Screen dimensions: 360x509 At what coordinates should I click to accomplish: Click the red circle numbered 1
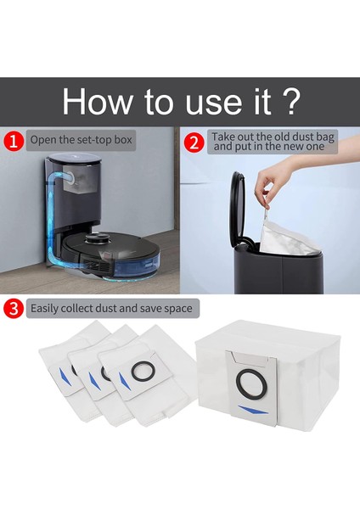coord(14,141)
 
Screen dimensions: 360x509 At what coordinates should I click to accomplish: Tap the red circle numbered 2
coord(194,143)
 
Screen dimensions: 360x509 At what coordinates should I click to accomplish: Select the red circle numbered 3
coord(14,308)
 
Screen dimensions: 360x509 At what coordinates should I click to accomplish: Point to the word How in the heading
coord(98,101)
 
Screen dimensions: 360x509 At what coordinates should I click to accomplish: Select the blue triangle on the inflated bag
coord(253,410)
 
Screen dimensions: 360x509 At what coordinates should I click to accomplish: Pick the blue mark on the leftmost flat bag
coord(65,377)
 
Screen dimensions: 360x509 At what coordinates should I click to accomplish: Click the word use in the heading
coord(215,103)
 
